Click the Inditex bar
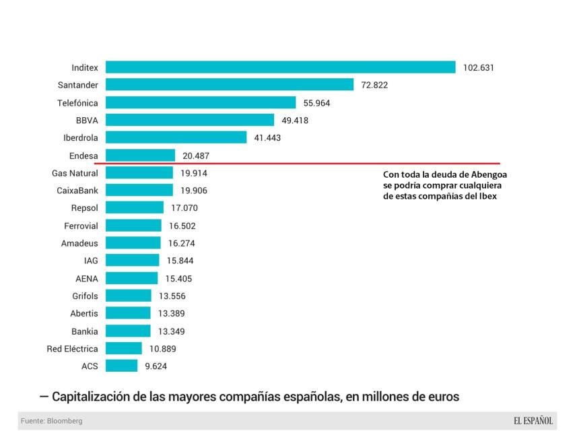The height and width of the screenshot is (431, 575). [281, 67]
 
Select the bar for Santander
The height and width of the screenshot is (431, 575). [230, 85]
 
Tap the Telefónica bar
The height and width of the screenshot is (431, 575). [201, 102]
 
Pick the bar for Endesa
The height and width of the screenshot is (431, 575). [140, 155]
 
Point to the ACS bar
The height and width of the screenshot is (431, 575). [122, 366]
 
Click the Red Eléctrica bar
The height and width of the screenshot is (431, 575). [124, 348]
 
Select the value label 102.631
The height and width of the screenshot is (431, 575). [479, 67]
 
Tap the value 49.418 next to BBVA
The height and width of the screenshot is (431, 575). [295, 120]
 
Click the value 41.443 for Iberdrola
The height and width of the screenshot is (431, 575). [267, 137]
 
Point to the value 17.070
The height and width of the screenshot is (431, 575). [184, 208]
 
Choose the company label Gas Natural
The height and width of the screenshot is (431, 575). [75, 173]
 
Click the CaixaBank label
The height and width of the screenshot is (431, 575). [77, 191]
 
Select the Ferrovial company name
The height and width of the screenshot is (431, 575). [81, 226]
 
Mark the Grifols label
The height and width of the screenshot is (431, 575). [85, 296]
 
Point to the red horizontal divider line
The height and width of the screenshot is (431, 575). [297, 164]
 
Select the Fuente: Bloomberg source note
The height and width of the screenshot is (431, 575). [52, 421]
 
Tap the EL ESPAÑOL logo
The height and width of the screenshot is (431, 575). [533, 421]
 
